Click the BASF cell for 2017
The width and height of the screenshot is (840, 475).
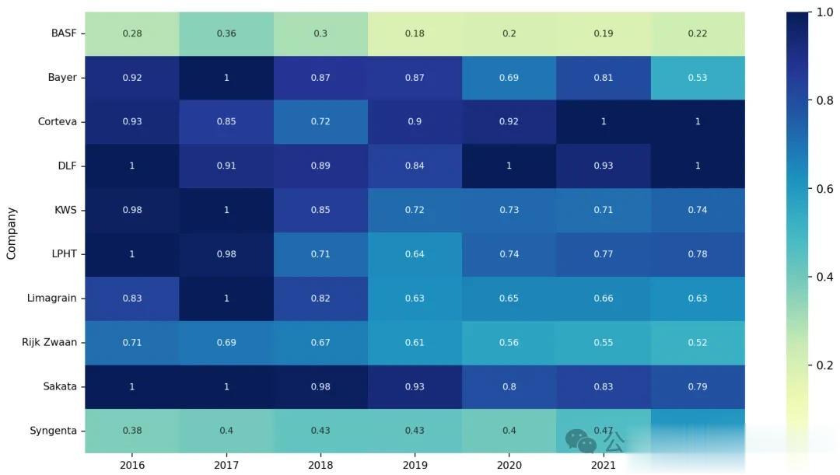coord(226,33)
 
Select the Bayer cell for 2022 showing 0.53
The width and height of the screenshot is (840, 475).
coord(697,78)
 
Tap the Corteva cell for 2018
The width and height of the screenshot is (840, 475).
coord(320,122)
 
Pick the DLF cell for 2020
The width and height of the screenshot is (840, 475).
coord(509,166)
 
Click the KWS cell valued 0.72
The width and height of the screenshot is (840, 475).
coord(415,210)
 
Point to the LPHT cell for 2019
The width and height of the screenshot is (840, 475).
coord(415,254)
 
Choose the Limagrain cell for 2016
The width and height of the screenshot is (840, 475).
coord(132,299)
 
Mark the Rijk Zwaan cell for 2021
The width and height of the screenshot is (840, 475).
coord(603,342)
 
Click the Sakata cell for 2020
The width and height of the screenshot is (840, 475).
coord(509,386)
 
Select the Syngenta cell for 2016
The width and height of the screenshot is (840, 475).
coord(132,431)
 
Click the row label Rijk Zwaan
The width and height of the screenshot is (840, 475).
coord(49,342)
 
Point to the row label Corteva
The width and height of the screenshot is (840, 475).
coord(57,122)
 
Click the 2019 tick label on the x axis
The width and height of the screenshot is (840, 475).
coord(415,465)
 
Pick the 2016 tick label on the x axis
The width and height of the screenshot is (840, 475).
coord(132,465)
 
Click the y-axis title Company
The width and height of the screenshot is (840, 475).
coord(12,232)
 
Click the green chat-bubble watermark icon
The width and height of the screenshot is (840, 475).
coord(579,442)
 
